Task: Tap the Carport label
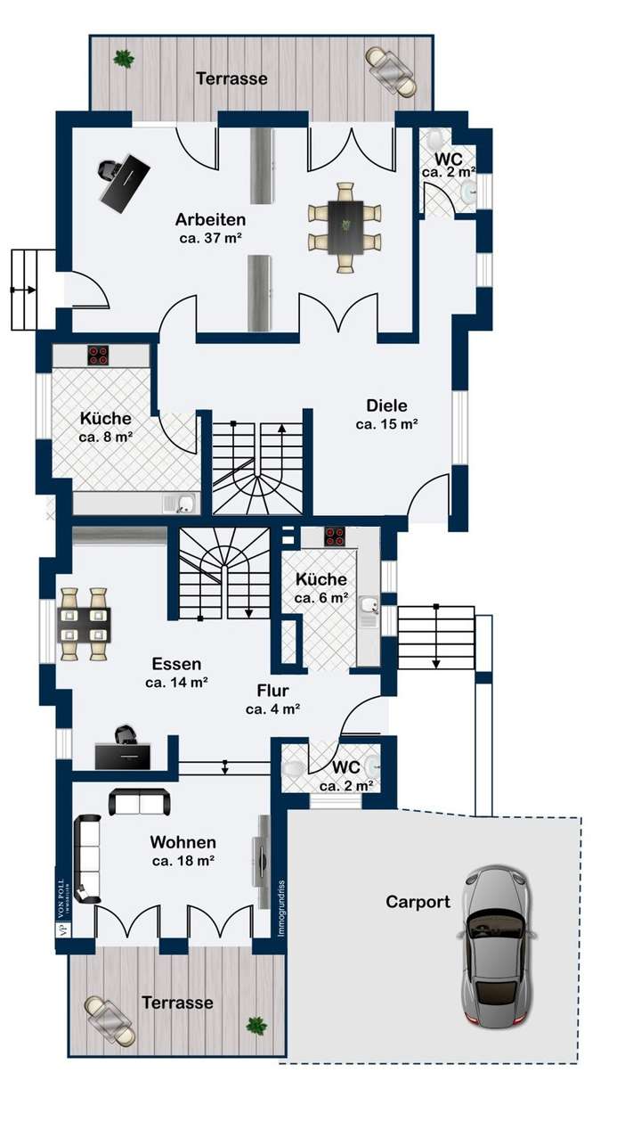418,902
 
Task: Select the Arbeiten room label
210,219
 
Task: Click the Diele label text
386,405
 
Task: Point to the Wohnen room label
183,842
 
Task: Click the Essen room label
176,664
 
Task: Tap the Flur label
272,691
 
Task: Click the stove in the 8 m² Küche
98,356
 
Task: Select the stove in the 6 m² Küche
334,536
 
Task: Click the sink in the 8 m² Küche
181,504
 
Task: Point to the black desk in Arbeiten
124,182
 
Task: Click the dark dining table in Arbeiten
345,228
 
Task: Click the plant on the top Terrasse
123,59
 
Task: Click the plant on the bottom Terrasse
256,1025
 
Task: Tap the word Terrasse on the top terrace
231,78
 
